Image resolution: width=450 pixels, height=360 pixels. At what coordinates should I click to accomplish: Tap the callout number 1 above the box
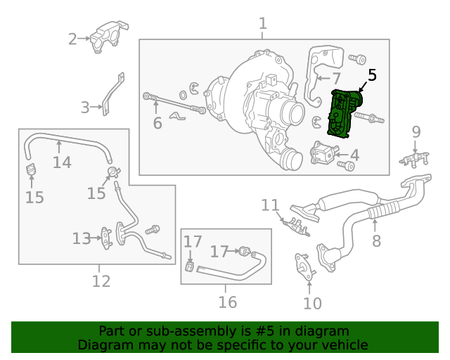[x=262, y=24]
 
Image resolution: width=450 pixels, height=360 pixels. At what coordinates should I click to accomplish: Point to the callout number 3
[x=85, y=108]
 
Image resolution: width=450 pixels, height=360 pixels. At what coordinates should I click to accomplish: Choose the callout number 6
[x=157, y=124]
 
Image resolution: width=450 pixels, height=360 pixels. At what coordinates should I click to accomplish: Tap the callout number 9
[x=416, y=131]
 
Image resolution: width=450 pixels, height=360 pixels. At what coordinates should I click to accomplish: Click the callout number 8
[x=376, y=242]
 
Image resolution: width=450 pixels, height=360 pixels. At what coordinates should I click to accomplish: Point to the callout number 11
[x=270, y=205]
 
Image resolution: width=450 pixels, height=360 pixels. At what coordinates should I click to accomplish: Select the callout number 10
[x=312, y=303]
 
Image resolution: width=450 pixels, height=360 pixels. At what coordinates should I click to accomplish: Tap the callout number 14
[x=62, y=162]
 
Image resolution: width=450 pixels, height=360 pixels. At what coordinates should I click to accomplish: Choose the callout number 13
[x=82, y=239]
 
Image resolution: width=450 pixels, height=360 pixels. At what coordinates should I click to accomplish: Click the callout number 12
[x=101, y=281]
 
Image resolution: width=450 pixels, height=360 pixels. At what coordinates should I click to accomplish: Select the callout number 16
[x=227, y=302]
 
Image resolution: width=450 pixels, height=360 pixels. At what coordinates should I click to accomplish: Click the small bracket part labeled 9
[x=415, y=158]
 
